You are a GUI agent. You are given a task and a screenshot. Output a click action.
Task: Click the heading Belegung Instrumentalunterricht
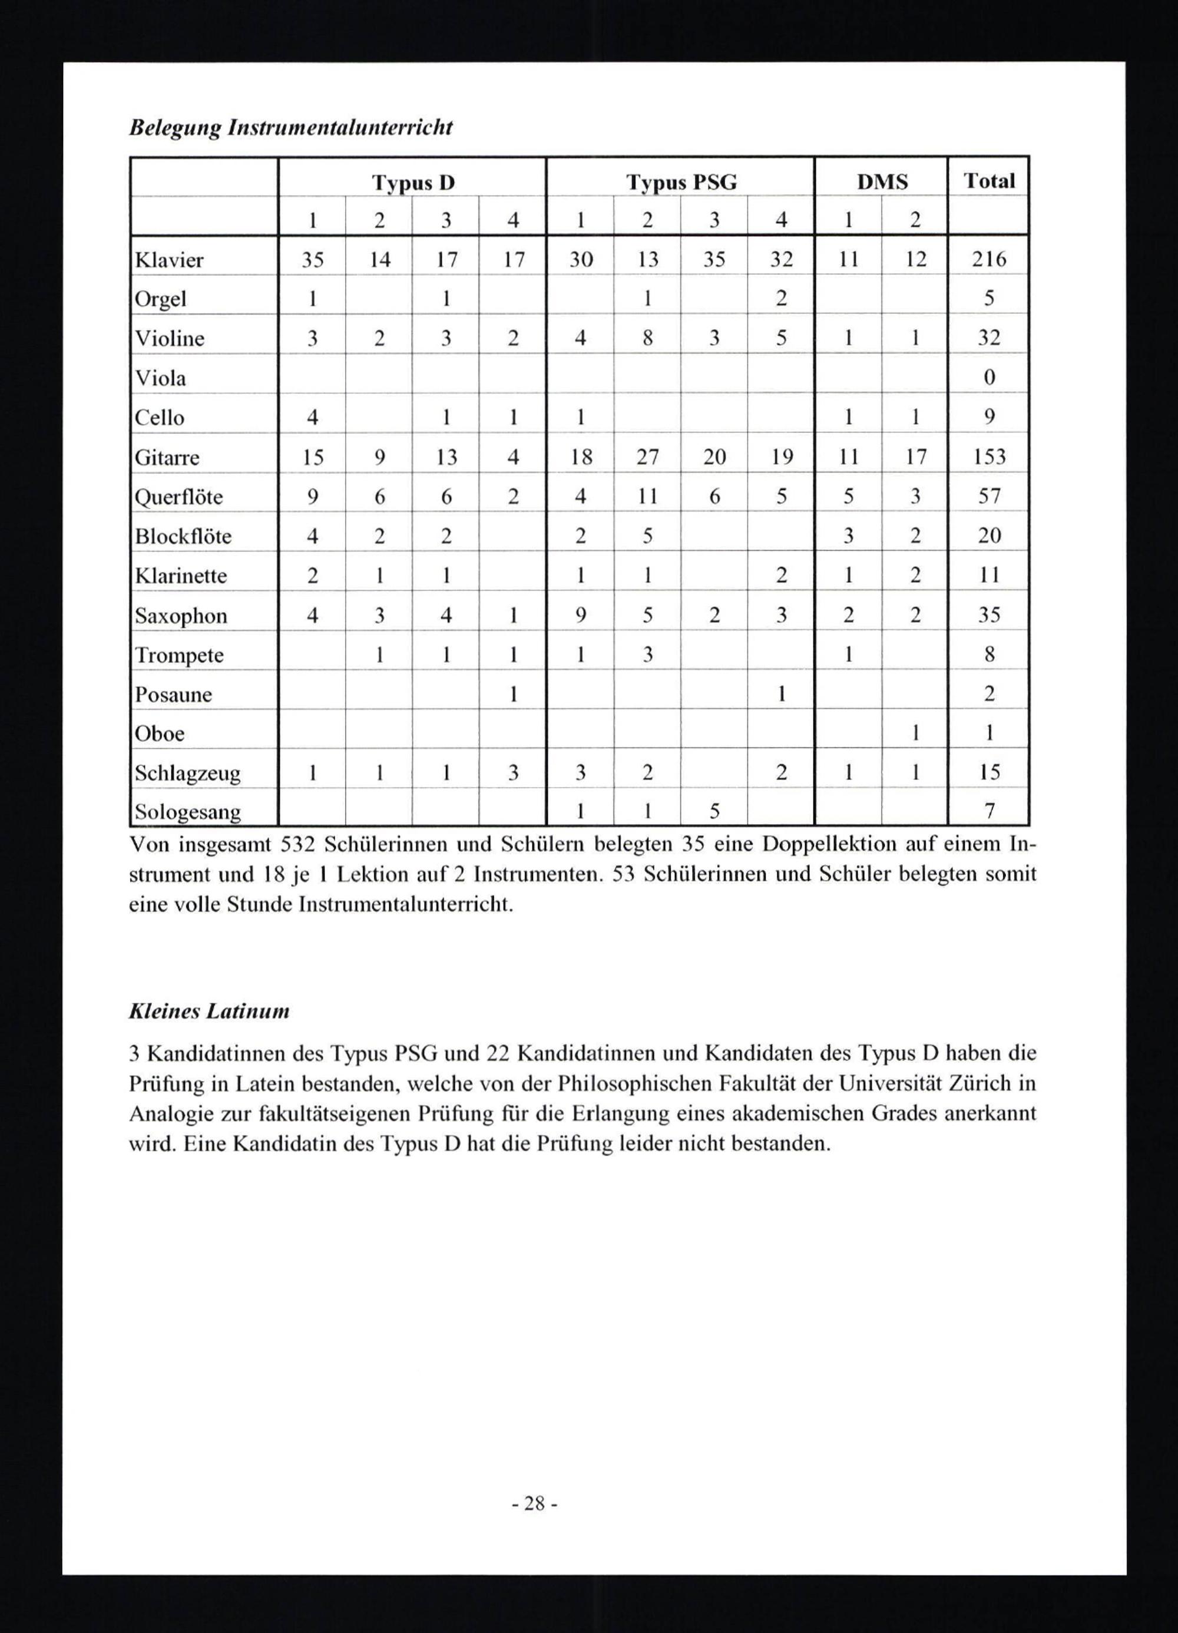point(290,127)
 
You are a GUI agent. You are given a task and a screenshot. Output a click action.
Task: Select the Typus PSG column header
point(681,183)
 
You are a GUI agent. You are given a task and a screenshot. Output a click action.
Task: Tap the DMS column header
point(882,182)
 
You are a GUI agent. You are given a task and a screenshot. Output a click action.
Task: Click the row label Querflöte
point(178,497)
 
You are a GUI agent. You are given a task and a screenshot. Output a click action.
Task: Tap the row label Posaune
point(174,695)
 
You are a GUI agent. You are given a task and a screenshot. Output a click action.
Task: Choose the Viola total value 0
point(990,377)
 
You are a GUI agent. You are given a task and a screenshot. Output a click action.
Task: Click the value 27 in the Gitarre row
point(647,457)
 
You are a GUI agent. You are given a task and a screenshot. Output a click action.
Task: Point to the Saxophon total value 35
point(990,615)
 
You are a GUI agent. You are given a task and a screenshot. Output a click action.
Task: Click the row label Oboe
point(159,733)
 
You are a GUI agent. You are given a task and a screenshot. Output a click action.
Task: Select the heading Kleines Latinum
point(209,1011)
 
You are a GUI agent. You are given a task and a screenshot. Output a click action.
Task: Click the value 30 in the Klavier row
point(580,259)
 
